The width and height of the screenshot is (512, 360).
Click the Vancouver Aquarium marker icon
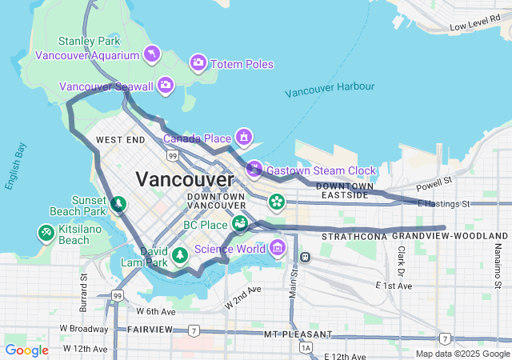click(x=151, y=54)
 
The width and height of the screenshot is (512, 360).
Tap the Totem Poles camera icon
click(x=198, y=62)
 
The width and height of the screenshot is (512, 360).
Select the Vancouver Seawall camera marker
click(x=166, y=85)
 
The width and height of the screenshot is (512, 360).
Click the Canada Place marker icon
click(x=243, y=138)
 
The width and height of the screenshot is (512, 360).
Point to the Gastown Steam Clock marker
click(x=254, y=169)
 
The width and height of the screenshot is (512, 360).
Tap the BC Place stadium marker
click(x=239, y=224)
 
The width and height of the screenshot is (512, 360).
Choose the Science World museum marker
click(x=278, y=247)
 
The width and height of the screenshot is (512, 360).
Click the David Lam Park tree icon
click(x=181, y=255)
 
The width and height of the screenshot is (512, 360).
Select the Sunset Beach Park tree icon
click(x=118, y=205)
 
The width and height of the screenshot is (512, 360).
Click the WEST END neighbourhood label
click(x=120, y=140)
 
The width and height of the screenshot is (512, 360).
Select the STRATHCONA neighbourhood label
click(x=354, y=238)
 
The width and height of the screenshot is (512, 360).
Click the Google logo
click(x=26, y=350)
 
